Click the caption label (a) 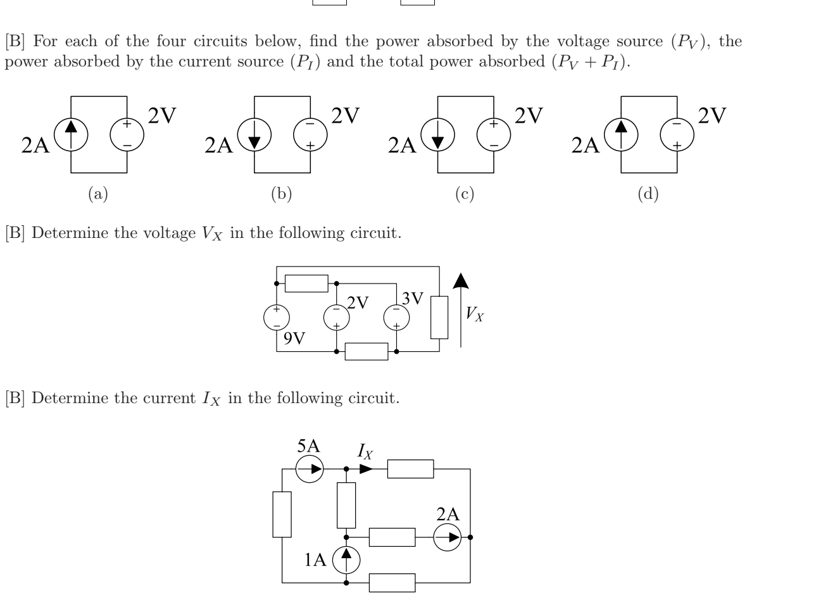tap(97, 194)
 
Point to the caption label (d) tap(648, 194)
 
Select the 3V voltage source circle tap(397, 317)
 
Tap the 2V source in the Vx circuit tap(336, 317)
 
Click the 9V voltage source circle tap(277, 317)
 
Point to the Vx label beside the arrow tap(475, 313)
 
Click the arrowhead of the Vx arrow tap(461, 281)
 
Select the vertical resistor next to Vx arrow tap(439, 317)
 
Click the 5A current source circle tap(310, 470)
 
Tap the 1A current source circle tap(346, 559)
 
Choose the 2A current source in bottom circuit tap(448, 537)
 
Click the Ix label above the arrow tap(365, 451)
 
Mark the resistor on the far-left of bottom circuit tap(282, 514)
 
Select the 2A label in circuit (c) tap(403, 146)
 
